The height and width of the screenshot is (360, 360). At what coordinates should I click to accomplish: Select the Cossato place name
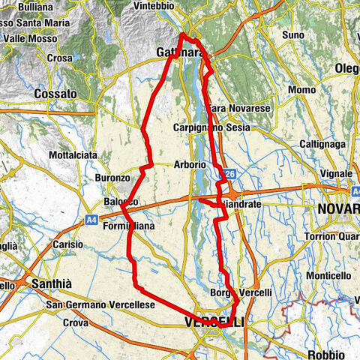pyautogui.click(x=55, y=94)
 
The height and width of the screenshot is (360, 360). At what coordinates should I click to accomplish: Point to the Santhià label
pyautogui.click(x=50, y=284)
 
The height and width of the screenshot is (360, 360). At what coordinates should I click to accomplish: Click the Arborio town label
pyautogui.click(x=188, y=164)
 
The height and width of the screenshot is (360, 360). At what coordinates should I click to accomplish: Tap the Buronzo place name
pyautogui.click(x=113, y=178)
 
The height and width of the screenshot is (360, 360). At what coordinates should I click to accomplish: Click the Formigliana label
pyautogui.click(x=128, y=226)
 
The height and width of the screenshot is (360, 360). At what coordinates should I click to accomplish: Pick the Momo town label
pyautogui.click(x=301, y=90)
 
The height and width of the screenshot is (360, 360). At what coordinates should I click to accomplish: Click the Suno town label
pyautogui.click(x=292, y=35)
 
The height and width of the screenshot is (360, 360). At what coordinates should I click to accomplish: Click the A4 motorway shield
pyautogui.click(x=90, y=220)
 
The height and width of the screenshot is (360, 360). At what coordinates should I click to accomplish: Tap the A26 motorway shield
pyautogui.click(x=228, y=175)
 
